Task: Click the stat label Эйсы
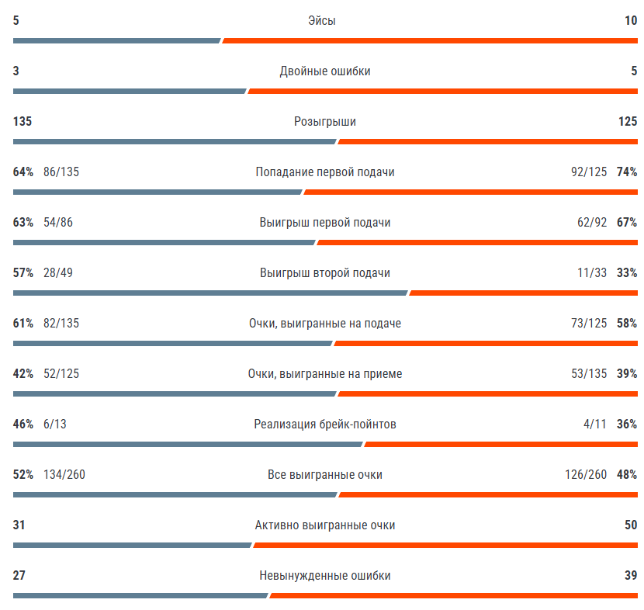click(x=321, y=21)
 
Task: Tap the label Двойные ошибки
click(x=324, y=71)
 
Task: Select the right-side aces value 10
click(x=630, y=21)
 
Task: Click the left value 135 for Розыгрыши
click(x=22, y=122)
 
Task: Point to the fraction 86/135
click(x=61, y=172)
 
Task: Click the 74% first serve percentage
click(x=626, y=172)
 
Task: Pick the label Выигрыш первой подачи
click(x=324, y=223)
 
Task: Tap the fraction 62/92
click(x=592, y=223)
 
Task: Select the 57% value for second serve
click(x=23, y=273)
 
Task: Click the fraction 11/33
click(x=593, y=273)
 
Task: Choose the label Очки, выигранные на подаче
click(x=324, y=324)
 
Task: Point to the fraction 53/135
click(x=589, y=374)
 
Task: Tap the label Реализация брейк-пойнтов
click(x=324, y=425)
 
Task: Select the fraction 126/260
click(x=586, y=475)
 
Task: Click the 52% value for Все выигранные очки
click(x=23, y=475)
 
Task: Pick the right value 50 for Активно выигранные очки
click(x=630, y=525)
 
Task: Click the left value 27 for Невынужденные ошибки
click(x=19, y=576)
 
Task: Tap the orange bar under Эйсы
click(x=430, y=40)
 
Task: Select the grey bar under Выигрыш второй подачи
click(x=209, y=293)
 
